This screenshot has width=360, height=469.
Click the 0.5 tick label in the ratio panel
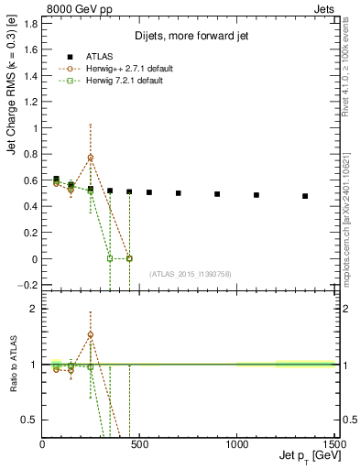click(29, 420)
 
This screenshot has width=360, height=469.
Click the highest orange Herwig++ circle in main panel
click(91, 158)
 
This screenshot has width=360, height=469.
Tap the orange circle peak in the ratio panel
click(91, 334)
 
